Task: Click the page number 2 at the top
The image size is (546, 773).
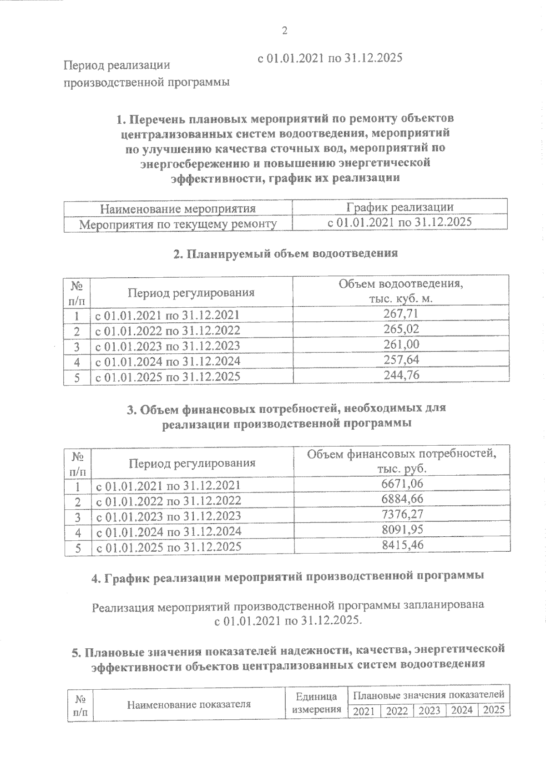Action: (285, 31)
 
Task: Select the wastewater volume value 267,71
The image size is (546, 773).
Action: (400, 314)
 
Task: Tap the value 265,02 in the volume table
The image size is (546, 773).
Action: (400, 329)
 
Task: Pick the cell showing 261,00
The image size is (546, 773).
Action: (400, 345)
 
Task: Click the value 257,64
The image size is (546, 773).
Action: (400, 360)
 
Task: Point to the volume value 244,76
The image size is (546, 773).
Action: (400, 376)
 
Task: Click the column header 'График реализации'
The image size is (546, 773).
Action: (399, 208)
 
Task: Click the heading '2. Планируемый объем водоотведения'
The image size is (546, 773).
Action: (286, 254)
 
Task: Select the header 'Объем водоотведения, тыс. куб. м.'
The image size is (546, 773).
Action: (400, 292)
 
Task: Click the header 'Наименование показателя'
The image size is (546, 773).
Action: (189, 705)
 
